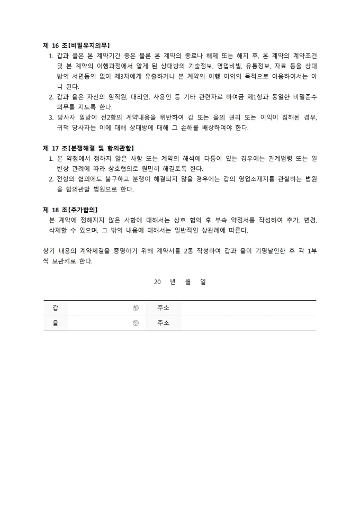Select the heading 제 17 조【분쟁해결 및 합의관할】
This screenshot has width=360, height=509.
88,148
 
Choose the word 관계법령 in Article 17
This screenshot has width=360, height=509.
284,158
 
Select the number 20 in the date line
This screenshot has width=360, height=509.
157,282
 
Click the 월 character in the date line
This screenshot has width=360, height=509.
188,282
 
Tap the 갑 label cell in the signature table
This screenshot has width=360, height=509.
56,308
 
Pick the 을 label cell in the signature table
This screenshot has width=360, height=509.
56,323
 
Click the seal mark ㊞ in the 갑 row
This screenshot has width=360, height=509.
136,308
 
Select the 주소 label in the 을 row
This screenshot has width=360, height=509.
163,323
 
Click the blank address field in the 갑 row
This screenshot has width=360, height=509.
248,308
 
